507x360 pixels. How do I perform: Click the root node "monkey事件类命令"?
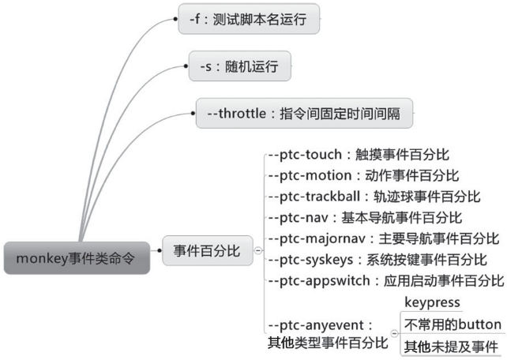pos(77,258)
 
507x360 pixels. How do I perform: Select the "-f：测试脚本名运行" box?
pos(249,19)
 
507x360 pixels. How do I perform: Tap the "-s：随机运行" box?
pos(239,66)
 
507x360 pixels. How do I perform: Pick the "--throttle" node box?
pos(304,114)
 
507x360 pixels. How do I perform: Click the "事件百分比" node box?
pos(207,250)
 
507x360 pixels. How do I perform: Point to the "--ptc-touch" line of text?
pos(359,155)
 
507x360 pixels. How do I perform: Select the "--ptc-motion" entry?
pos(364,175)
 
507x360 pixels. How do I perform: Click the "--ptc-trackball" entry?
pos(374,197)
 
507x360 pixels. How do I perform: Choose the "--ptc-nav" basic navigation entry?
pos(365,217)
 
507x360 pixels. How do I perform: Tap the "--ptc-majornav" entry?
pos(384,238)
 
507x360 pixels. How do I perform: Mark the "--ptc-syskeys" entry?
pos(377,260)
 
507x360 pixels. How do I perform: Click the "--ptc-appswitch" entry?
pos(386,280)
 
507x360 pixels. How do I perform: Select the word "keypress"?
pos(432,302)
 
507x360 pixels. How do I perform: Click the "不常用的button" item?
pos(453,324)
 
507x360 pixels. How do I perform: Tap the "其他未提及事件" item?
pos(451,347)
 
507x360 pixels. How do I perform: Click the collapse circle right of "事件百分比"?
pos(258,250)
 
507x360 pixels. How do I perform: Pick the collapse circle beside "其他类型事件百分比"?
pos(395,333)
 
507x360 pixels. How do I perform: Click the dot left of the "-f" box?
pos(175,19)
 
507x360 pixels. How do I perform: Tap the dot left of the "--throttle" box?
pos(193,114)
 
